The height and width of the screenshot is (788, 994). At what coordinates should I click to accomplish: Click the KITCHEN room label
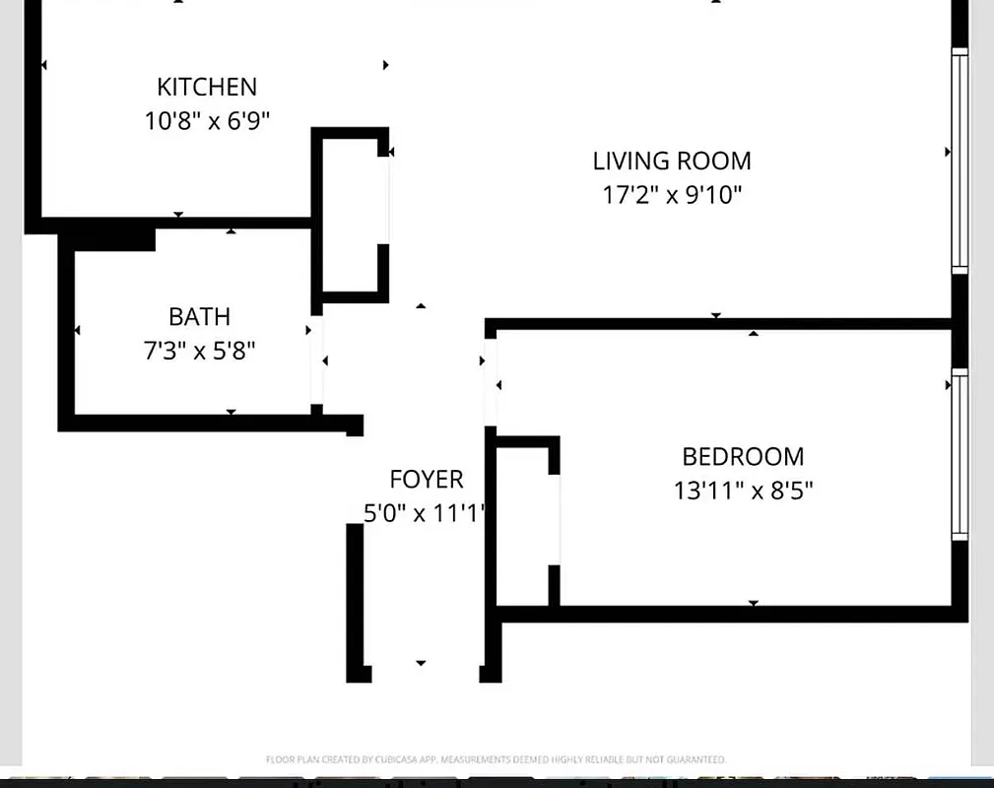(x=207, y=87)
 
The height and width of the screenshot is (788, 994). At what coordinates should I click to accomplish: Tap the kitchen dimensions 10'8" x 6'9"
(x=207, y=121)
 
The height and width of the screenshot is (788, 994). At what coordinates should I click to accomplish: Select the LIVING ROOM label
(x=672, y=161)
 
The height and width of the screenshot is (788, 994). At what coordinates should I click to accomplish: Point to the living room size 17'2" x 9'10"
(x=672, y=195)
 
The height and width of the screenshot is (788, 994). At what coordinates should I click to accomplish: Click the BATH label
(x=199, y=316)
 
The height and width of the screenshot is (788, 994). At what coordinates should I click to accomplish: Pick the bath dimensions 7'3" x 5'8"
(x=199, y=351)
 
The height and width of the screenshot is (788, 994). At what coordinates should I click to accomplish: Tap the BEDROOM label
(x=743, y=456)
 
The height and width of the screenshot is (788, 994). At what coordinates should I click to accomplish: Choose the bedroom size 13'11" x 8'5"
(x=743, y=491)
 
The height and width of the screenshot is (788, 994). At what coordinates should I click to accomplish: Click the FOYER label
(x=426, y=480)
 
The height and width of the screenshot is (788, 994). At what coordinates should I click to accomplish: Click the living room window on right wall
(x=959, y=160)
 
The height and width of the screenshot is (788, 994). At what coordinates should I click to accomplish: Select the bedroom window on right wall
(x=959, y=455)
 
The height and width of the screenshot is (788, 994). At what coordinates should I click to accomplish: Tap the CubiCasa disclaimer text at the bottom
(x=496, y=759)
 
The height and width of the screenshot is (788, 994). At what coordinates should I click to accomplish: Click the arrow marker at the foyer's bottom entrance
(x=421, y=663)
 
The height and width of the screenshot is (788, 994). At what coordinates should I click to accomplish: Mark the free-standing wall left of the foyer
(x=355, y=601)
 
